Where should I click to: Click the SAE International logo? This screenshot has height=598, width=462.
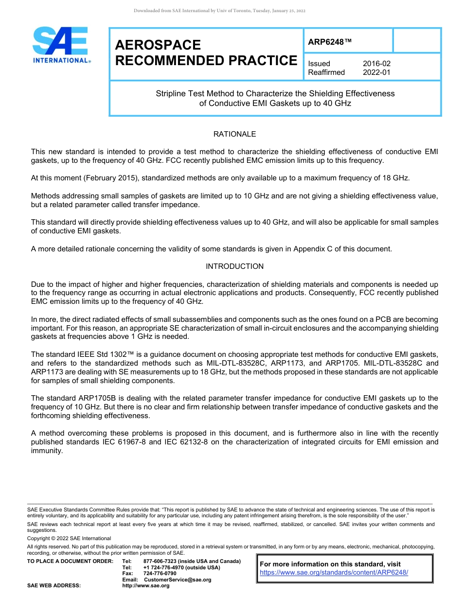point(61,45)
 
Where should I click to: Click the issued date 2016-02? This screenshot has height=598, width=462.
point(376,64)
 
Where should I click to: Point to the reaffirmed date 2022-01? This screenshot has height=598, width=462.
point(376,72)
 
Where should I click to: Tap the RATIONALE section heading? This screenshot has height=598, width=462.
point(234,134)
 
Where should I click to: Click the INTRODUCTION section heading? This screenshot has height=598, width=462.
point(234,266)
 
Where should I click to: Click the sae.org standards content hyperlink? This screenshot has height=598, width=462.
point(334,572)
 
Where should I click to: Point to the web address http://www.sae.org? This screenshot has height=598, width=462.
point(146,585)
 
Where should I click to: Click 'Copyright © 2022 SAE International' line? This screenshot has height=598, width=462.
point(69,538)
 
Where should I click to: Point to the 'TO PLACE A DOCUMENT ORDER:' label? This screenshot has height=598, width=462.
point(70,562)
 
